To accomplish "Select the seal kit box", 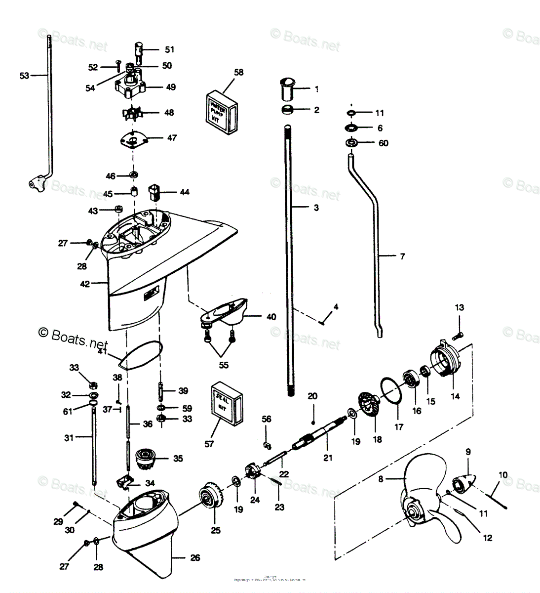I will coord(227,403).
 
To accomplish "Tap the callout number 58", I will coord(239,73).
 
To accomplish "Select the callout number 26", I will coord(195,558).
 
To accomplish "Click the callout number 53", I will coord(24,76).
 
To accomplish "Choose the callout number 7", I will coord(402,256).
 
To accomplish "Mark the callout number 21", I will coord(328,458).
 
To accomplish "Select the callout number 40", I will coord(271,317).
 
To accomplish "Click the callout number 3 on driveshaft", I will coord(316,208).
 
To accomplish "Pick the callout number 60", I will coord(383,143).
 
